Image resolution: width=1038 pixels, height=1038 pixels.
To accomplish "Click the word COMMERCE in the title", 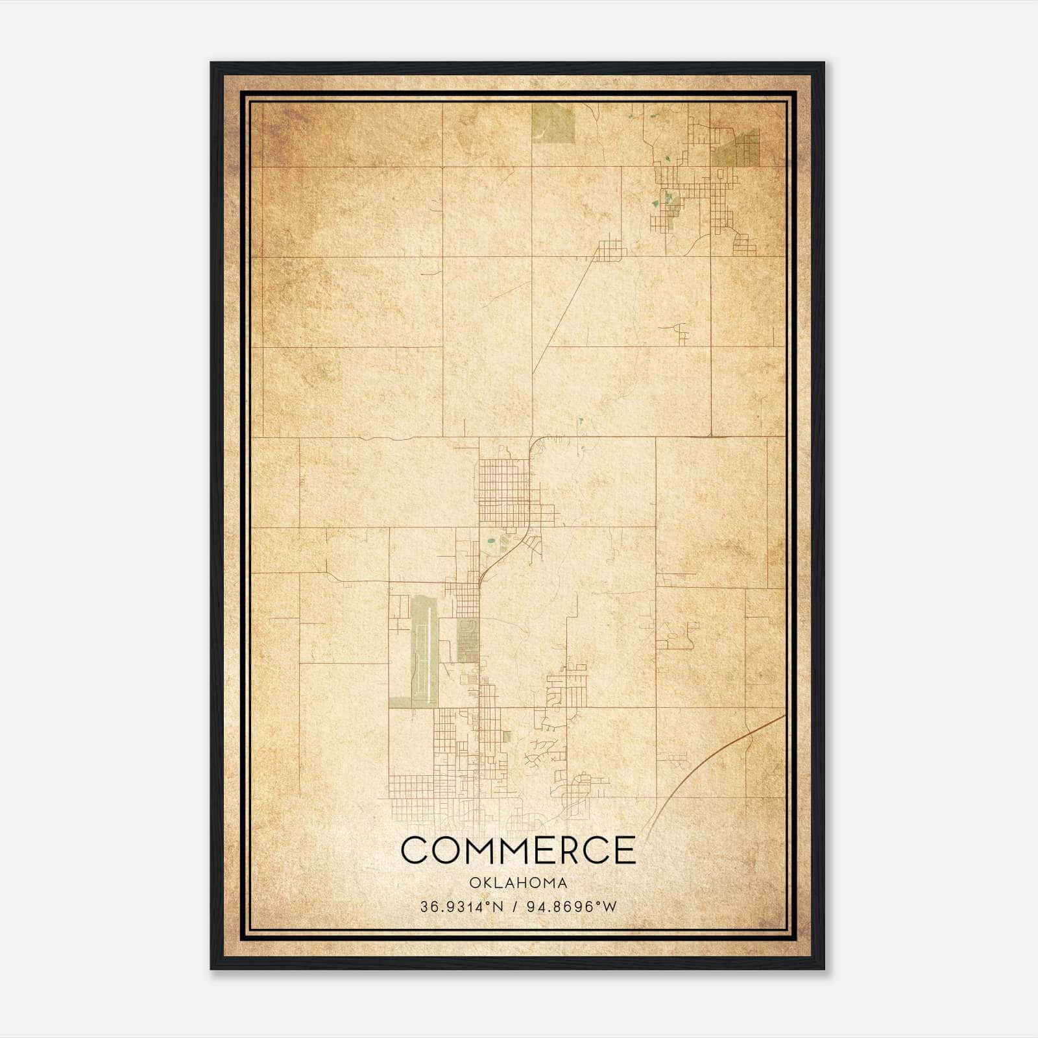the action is point(518,850).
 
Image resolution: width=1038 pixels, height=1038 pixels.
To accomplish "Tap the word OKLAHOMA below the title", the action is point(518,883).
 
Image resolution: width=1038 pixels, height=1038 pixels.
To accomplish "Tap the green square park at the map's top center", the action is point(553,123).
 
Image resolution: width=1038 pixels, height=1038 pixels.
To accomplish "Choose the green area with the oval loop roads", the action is point(467,640).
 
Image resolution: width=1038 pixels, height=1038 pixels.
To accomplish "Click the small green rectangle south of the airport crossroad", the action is point(507,736).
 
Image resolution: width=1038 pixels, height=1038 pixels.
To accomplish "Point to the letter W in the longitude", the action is point(609,907).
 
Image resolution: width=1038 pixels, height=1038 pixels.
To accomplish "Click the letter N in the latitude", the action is point(498,907).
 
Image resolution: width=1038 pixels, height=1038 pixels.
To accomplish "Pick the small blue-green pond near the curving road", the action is point(491,540).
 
